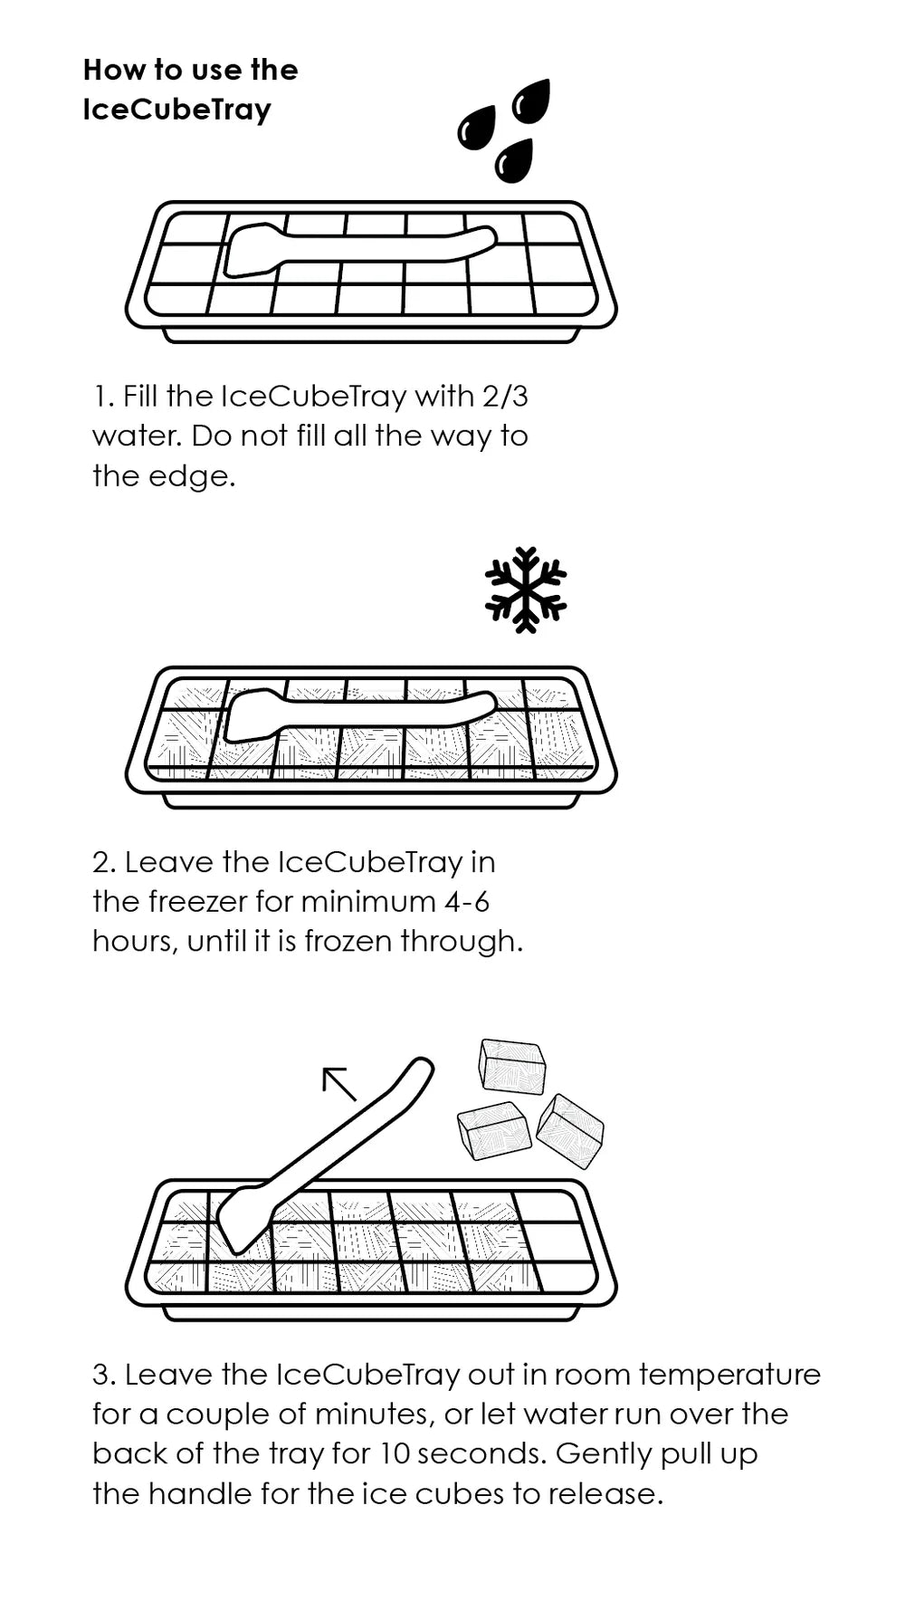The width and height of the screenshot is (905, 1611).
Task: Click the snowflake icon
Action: [x=526, y=590]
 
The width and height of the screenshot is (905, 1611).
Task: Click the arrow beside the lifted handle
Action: [x=339, y=1084]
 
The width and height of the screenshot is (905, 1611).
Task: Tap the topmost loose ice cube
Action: [x=512, y=1066]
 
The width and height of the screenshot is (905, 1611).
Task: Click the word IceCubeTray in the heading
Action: [x=176, y=110]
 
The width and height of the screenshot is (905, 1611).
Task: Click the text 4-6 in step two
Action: [x=469, y=902]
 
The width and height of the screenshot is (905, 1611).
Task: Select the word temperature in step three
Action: [x=729, y=1376]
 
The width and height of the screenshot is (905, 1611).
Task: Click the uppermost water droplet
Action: [x=530, y=100]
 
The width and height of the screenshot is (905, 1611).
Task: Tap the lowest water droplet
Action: [x=514, y=160]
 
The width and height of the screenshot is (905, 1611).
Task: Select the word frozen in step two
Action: [x=348, y=942]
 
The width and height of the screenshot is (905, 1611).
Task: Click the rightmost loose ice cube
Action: [x=570, y=1130]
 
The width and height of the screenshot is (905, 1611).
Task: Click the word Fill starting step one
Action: [x=140, y=397]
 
